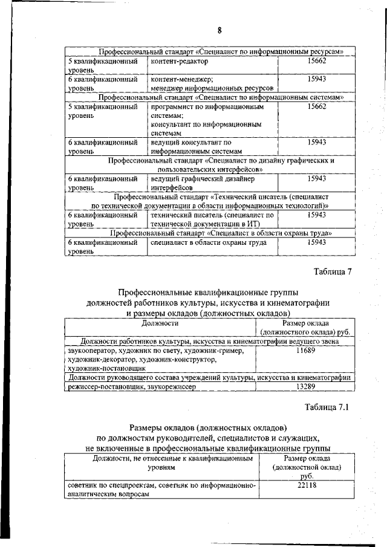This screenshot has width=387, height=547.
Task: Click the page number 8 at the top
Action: coord(220,30)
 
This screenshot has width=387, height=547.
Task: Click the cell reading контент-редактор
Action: coord(179,62)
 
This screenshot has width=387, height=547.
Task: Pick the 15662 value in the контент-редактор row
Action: coord(316,62)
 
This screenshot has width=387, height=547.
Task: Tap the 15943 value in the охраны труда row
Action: coord(316,242)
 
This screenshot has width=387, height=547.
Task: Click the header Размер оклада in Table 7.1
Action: coord(307,467)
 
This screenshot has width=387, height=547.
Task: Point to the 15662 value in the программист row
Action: coord(316,106)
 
